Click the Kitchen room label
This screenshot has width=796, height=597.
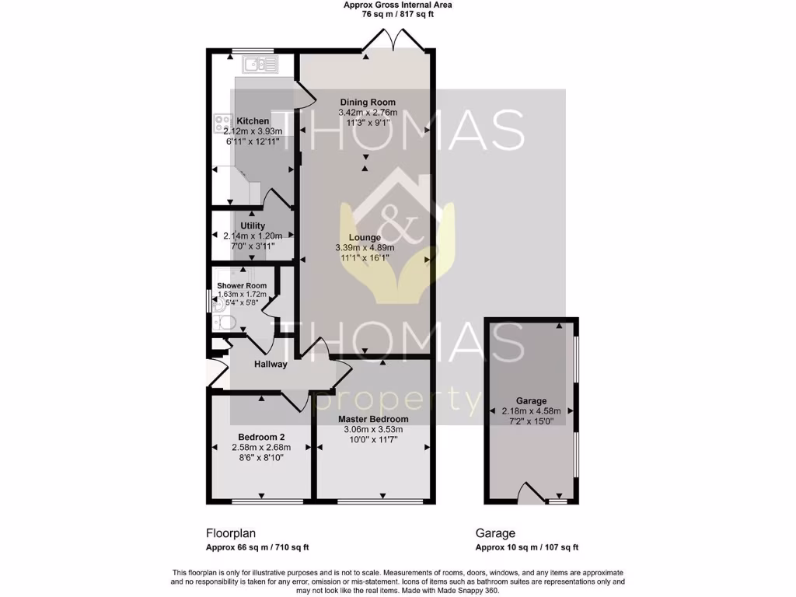[253, 121]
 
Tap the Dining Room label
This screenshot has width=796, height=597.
[367, 103]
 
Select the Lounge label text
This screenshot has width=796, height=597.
[364, 238]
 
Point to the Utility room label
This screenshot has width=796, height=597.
[253, 226]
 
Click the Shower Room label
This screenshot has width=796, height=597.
[241, 286]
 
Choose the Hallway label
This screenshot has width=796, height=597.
[271, 364]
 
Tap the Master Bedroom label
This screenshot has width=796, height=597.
[373, 419]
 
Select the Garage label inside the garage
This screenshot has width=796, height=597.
[531, 401]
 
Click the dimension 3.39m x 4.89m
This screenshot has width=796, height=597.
[364, 248]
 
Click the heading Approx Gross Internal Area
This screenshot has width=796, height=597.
[397, 5]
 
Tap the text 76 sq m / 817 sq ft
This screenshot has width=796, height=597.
[397, 14]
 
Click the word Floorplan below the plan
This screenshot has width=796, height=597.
[230, 533]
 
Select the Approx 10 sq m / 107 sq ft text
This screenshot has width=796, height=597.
[526, 547]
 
